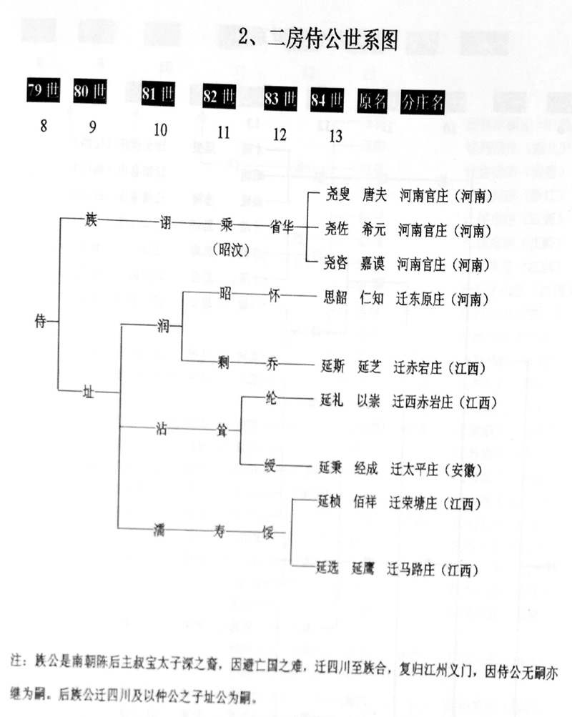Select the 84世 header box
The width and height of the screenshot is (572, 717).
(327, 99)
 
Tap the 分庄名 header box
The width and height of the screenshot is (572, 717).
(423, 101)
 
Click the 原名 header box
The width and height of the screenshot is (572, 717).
(373, 100)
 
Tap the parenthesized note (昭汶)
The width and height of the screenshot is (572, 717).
(229, 249)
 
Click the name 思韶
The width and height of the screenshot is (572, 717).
(333, 298)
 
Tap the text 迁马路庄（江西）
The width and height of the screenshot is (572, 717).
(432, 570)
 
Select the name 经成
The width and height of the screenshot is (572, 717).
(370, 470)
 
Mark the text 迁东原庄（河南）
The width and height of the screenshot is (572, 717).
(443, 298)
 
